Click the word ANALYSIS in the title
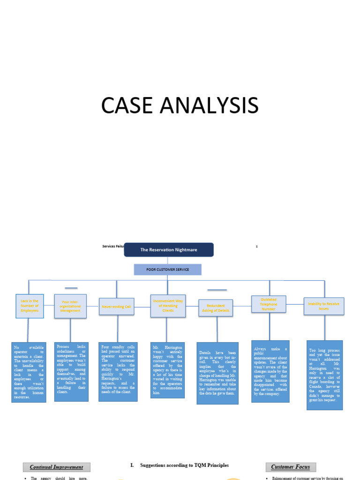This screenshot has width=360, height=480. coord(208,105)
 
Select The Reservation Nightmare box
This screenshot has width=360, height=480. coord(169,250)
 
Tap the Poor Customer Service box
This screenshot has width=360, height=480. coord(167,270)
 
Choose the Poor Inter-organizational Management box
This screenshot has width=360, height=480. coord(70,307)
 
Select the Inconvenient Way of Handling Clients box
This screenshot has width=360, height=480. coord(167,306)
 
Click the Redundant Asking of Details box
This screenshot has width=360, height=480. coord(216,307)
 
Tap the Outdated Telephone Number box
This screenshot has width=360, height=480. coord(269,304)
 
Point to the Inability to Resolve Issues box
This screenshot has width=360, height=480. coord(324,306)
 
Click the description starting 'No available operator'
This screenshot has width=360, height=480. coord(29,372)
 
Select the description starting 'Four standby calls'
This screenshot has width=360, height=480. coord(118,372)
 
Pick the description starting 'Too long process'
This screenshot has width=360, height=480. coord(324,375)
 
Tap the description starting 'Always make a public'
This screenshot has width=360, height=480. coord(270,371)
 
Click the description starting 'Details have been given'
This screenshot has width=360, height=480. coord(217,373)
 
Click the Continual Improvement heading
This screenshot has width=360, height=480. coord(56,467)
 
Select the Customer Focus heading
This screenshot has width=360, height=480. coord(291,467)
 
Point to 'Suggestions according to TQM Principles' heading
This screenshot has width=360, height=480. coord(180,465)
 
